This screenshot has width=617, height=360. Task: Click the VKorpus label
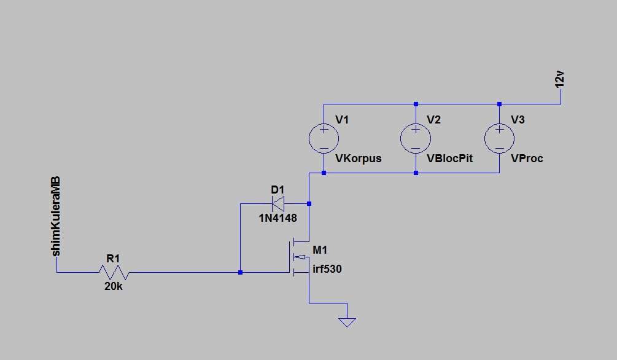[x=358, y=158]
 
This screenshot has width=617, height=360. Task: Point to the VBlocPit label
[x=450, y=158]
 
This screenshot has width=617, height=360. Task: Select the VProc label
[x=527, y=158]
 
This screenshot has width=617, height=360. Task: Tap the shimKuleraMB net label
[x=56, y=216]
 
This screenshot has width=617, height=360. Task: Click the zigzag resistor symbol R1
[x=114, y=272]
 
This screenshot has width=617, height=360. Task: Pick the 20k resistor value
[x=114, y=287]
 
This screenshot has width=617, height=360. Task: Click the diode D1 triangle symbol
[x=278, y=203]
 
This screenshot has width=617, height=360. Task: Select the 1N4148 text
[x=278, y=218]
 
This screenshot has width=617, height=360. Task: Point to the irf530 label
[x=327, y=269]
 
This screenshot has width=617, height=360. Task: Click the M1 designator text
[x=320, y=249]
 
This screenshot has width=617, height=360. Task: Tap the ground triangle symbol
[x=347, y=323]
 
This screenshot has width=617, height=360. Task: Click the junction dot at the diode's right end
[x=309, y=203]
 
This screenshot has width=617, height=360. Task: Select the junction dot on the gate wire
[x=241, y=272]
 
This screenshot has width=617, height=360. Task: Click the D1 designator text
[x=278, y=190]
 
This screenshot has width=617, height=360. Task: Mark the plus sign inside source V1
[x=324, y=129]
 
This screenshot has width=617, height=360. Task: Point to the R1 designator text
[x=113, y=259]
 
